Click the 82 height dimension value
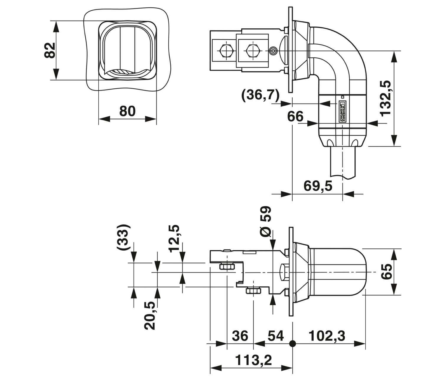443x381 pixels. tap(50, 51)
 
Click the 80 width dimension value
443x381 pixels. tap(127, 111)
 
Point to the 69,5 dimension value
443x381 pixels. tap(318, 186)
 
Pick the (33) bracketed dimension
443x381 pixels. tap(123, 237)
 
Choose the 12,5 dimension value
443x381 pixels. tap(174, 238)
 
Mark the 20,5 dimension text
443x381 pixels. tap(149, 315)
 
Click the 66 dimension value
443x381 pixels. tap(295, 116)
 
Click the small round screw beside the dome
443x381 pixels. tap(273, 51)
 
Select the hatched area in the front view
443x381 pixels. tap(121, 72)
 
